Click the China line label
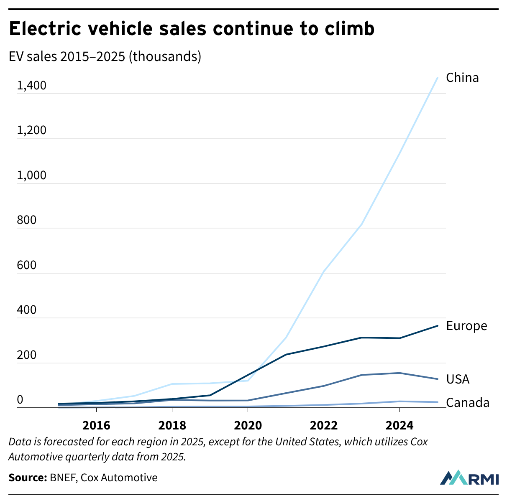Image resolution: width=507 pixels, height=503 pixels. pyautogui.click(x=462, y=78)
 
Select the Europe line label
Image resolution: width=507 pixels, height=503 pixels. pyautogui.click(x=466, y=326)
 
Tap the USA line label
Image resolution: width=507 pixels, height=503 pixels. pyautogui.click(x=458, y=379)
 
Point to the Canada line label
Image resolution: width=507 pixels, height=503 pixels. pyautogui.click(x=468, y=403)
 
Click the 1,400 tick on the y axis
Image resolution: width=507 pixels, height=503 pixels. pyautogui.click(x=31, y=86)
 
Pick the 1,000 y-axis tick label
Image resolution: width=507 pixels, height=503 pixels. pyautogui.click(x=31, y=176)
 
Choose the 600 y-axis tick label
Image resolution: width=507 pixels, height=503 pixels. pyautogui.click(x=27, y=266)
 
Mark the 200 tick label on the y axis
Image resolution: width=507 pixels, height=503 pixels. pyautogui.click(x=27, y=356)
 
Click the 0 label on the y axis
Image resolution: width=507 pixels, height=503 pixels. pyautogui.click(x=20, y=400)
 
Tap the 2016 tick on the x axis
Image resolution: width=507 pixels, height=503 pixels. pyautogui.click(x=96, y=426)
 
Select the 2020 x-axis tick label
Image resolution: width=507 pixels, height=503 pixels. pyautogui.click(x=248, y=426)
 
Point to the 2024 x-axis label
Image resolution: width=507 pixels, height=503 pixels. pyautogui.click(x=399, y=426)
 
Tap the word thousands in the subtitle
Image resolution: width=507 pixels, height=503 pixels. pyautogui.click(x=165, y=56)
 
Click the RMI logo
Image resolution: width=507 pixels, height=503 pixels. pyautogui.click(x=469, y=478)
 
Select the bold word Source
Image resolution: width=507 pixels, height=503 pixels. pyautogui.click(x=27, y=478)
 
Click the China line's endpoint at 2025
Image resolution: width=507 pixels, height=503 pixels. pyautogui.click(x=438, y=77)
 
